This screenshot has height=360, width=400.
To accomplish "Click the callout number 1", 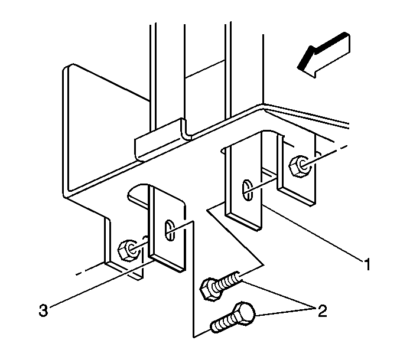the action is click(367, 264).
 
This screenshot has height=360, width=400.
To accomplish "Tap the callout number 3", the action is click(43, 310).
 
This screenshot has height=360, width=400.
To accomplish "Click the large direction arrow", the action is click(324, 54).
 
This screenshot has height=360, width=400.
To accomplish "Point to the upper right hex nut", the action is click(301, 166).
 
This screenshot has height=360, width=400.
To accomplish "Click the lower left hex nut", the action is click(129, 250).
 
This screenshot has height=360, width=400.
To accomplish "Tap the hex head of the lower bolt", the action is click(244, 313).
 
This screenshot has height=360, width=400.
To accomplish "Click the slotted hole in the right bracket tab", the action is click(247, 190).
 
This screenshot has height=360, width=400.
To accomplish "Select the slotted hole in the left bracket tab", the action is click(170, 230).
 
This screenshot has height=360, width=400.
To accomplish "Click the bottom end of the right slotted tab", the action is click(243, 222).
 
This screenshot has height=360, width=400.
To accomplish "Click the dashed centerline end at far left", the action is click(77, 274).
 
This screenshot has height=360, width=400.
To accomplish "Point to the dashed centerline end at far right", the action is click(347, 146).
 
